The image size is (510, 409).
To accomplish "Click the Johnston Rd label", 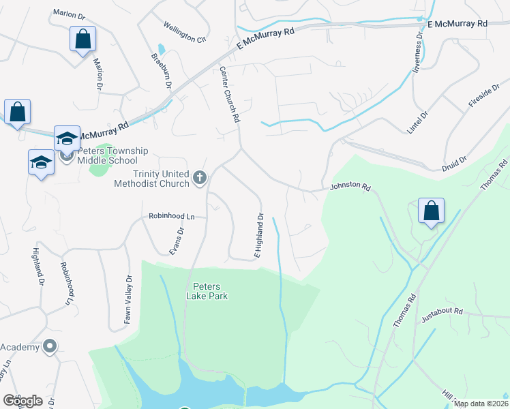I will [350, 186].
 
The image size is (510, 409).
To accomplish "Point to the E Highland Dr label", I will [259, 236].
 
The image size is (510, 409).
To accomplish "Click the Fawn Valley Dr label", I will [127, 299].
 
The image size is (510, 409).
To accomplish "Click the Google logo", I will [23, 401].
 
